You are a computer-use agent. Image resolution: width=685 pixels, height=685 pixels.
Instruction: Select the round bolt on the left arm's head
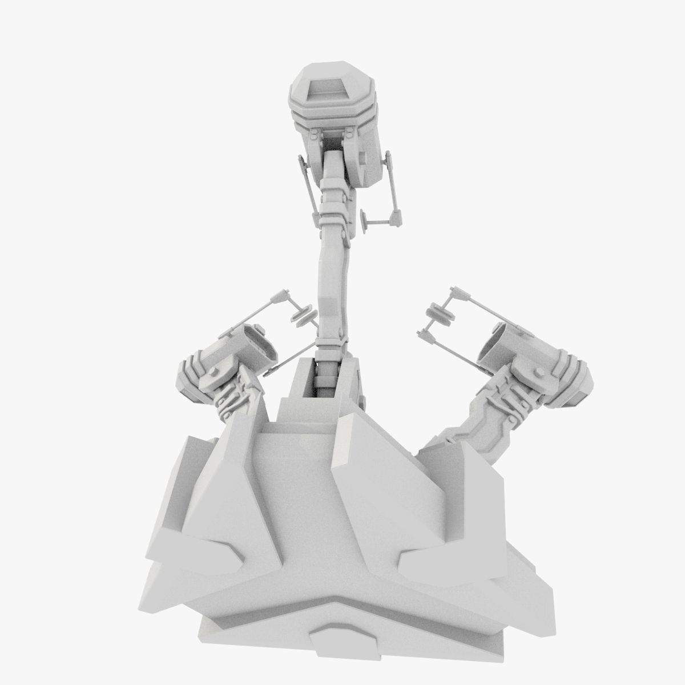(x=215, y=372)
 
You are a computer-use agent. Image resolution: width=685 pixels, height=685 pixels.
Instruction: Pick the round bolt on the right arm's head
(x=537, y=372)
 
